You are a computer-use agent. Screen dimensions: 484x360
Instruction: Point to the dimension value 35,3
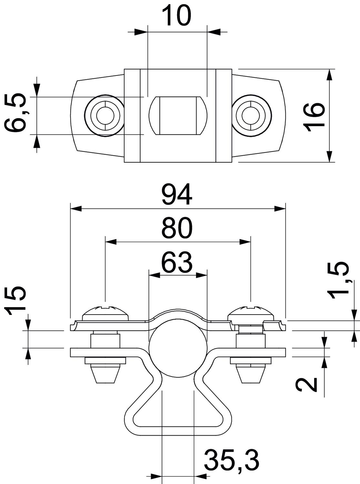232,460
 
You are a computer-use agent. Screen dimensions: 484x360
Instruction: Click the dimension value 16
315,116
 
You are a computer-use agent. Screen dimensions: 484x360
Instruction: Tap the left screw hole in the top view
104,116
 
